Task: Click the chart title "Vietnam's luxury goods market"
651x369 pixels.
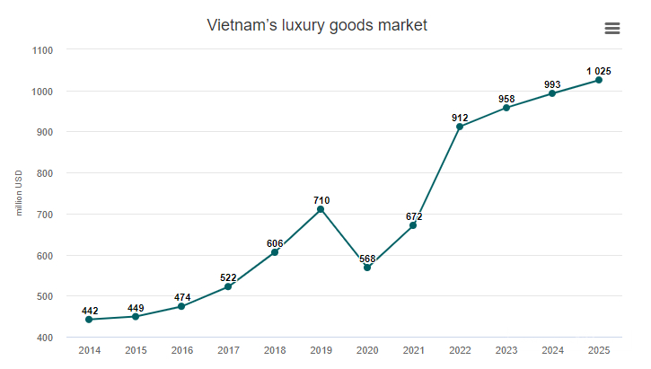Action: [317, 25]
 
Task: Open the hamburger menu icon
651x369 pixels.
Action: [612, 28]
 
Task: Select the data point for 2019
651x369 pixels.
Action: [321, 209]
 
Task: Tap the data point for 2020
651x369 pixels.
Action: [367, 268]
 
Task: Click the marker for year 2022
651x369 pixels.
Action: [460, 127]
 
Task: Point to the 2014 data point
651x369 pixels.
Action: [89, 320]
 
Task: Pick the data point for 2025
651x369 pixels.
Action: [599, 80]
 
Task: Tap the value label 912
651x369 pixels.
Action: [460, 117]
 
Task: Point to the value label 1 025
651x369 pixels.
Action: [599, 71]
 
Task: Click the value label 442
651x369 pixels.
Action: [89, 311]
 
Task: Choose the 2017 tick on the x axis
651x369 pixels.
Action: [228, 350]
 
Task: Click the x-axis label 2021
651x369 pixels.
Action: [414, 350]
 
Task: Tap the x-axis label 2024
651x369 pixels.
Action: [553, 350]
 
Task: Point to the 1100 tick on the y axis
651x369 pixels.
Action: [41, 50]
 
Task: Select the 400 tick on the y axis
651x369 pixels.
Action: [43, 338]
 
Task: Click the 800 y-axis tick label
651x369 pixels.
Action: [43, 173]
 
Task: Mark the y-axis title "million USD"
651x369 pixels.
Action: [19, 193]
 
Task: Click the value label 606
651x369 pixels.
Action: [275, 243]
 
